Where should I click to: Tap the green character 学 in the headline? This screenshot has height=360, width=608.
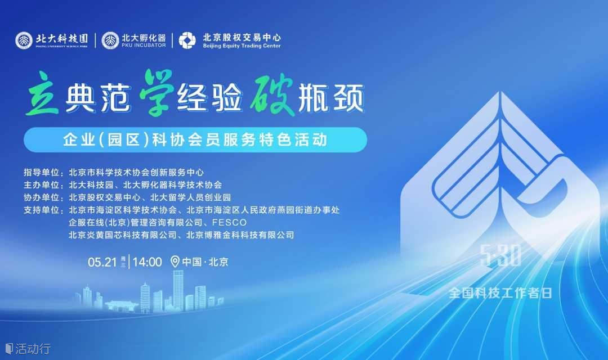156,93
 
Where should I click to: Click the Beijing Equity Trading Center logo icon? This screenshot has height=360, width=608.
187,40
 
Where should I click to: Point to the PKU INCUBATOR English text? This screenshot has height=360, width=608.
144,46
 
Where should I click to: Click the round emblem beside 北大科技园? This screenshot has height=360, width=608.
24,40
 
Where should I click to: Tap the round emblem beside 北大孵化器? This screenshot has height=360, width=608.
110,40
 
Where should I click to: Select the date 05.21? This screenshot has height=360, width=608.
102,262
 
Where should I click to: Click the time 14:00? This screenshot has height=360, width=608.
147,262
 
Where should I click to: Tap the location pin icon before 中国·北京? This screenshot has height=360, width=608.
175,262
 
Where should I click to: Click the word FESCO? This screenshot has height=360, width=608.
229,222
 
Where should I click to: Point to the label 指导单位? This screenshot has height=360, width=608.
42,173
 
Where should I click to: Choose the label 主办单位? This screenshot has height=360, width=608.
42,185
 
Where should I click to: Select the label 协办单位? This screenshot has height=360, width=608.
42,197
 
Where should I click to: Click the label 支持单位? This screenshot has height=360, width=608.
42,210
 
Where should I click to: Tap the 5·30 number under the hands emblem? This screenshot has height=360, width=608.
500,256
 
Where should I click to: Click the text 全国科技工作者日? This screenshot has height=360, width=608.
500,293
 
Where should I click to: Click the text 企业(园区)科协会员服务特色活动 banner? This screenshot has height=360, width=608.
195,139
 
